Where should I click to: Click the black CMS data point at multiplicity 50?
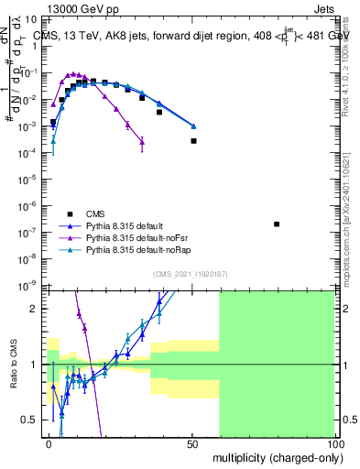193,141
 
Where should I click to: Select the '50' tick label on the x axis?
191,443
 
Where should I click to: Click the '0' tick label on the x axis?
49,443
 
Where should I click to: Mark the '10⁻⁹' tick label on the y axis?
31,284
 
